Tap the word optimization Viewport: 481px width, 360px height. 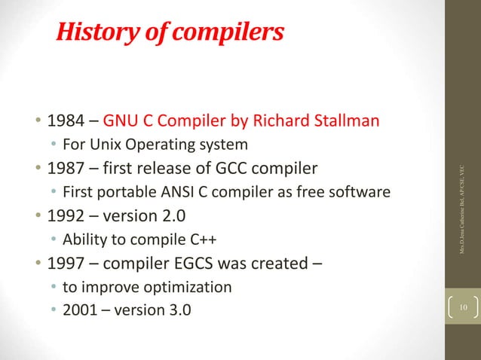(x=192, y=287)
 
